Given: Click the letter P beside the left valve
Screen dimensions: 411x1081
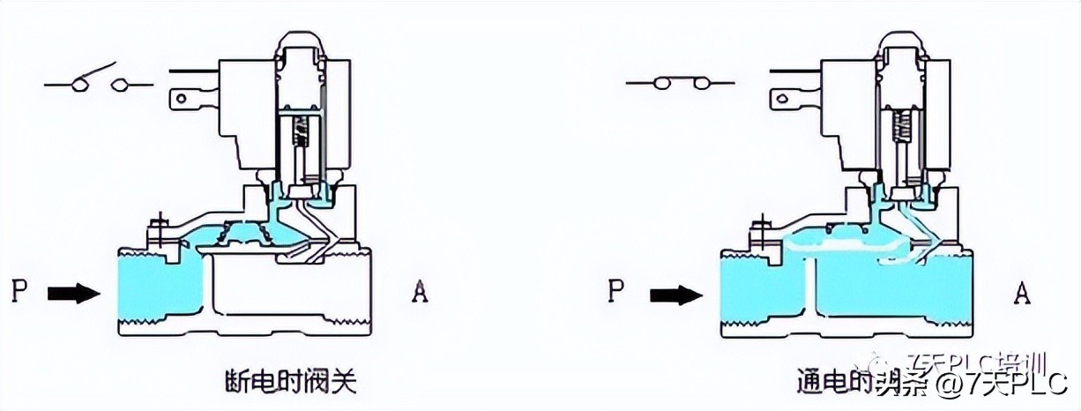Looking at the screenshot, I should (x=19, y=291).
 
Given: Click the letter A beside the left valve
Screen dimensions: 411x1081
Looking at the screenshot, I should (x=420, y=292).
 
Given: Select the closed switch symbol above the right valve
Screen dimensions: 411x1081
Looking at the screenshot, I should (x=678, y=84).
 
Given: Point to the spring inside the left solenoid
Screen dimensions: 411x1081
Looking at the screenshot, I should (x=303, y=133).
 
